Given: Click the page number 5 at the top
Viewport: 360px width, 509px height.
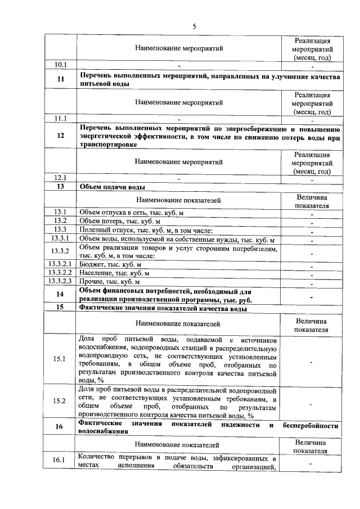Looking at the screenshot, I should (194, 26).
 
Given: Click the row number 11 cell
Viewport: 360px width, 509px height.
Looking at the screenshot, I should (60, 79).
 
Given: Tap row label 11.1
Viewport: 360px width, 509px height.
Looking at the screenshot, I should (60, 119).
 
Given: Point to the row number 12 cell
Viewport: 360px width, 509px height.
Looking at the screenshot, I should (60, 136).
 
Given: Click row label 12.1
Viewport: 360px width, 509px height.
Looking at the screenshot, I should (60, 178).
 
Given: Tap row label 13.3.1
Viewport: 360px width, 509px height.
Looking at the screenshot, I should (60, 239).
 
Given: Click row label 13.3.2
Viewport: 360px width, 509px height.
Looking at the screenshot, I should (60, 251).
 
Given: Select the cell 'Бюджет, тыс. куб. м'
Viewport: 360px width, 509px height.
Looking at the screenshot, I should (110, 264).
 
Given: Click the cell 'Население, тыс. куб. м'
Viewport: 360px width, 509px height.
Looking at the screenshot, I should (114, 273).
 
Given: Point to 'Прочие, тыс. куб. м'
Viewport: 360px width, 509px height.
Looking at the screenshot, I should (109, 281).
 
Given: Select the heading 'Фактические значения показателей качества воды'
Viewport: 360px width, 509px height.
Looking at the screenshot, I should (163, 309).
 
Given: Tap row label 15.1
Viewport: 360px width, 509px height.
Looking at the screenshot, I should (60, 359).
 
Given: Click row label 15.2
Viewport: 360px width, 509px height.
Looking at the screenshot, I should (60, 401).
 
